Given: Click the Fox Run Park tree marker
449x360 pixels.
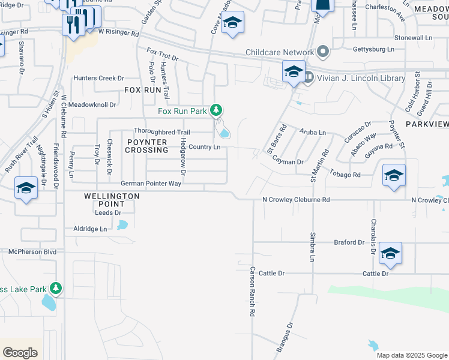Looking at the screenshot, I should pos(217,110).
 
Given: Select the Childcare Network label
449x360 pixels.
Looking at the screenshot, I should pos(280,52).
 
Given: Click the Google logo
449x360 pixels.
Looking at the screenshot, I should pos(20,353).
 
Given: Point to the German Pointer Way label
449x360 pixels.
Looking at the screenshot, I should pos(151,184).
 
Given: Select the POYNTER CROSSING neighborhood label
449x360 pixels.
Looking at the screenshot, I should pos(146,145).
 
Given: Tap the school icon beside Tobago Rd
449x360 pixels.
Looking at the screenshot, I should pos(394,175).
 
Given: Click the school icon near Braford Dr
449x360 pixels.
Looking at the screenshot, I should pos(390,253).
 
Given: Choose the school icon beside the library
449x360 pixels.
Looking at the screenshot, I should pos(294,72).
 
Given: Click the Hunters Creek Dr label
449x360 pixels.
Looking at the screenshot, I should pos(98,78).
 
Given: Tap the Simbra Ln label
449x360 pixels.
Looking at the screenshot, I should pos(313,247).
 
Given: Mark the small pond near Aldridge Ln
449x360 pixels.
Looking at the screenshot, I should pos(123,225).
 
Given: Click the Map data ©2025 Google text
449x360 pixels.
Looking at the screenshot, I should pos(412,355).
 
